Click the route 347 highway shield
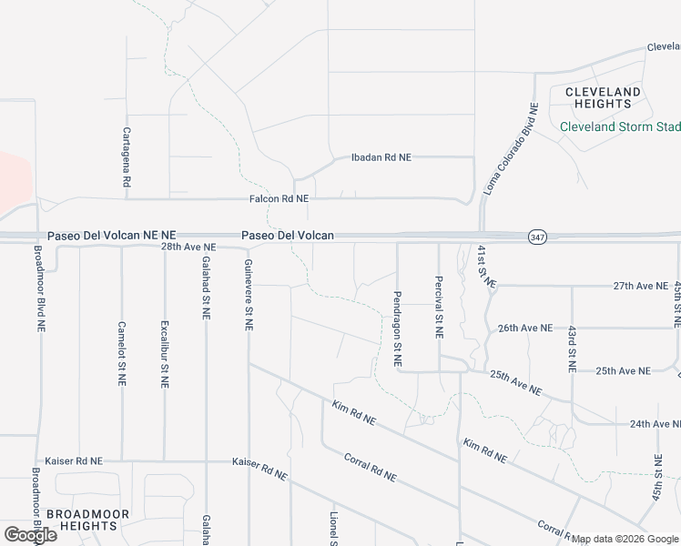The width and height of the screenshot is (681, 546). (x=536, y=237)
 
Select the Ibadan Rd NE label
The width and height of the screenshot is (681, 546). (x=381, y=157)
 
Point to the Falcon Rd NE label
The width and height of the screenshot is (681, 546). (x=279, y=198)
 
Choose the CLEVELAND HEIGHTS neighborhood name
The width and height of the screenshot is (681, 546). (x=603, y=98)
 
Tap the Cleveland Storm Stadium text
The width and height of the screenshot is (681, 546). (x=619, y=126)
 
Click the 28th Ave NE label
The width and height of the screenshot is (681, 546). (x=188, y=247)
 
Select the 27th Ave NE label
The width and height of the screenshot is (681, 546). (x=640, y=286)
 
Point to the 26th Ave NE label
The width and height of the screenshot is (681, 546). (x=524, y=328)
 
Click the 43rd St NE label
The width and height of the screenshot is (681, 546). (x=572, y=349)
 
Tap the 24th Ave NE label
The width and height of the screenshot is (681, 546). (x=655, y=424)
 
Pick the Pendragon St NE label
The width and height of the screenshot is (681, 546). (x=398, y=329)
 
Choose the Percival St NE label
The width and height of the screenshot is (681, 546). (x=439, y=308)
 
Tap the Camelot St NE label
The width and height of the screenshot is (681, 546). (x=121, y=354)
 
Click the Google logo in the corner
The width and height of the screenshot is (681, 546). (x=30, y=535)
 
